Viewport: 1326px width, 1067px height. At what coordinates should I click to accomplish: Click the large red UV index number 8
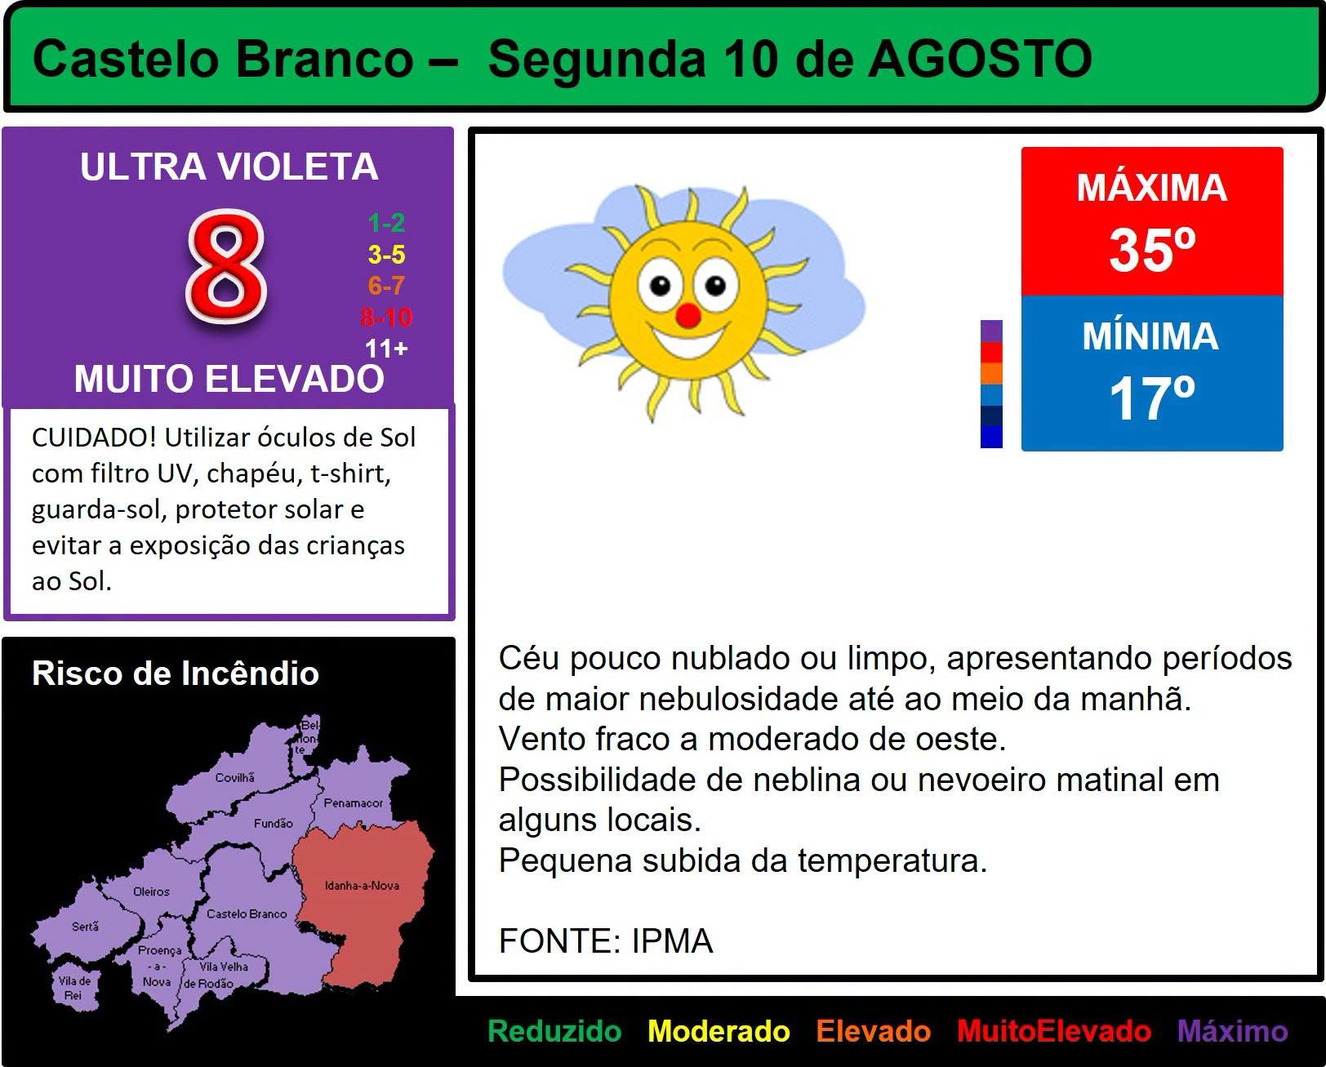227,266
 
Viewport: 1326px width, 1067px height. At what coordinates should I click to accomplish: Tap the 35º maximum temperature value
1152,250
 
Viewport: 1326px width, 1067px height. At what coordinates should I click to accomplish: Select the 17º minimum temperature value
1152,398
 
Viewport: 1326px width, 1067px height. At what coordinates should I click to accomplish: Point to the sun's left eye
660,286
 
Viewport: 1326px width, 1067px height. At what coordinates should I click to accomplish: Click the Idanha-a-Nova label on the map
363,885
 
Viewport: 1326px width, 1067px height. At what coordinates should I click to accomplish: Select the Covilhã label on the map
235,777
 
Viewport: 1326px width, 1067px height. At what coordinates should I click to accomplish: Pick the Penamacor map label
353,802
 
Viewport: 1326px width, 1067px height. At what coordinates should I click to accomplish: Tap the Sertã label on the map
85,926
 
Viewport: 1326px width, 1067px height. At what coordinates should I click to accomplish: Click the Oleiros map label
151,891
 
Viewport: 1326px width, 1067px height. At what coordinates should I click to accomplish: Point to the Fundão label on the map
273,823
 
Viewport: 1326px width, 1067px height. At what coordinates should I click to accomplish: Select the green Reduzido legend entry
554,1031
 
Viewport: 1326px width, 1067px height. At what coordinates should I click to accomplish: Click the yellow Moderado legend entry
719,1031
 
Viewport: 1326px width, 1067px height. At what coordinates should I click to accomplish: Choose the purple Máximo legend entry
1233,1031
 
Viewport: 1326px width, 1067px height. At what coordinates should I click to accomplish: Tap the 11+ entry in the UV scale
386,349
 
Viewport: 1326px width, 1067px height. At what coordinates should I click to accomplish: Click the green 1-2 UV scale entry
386,222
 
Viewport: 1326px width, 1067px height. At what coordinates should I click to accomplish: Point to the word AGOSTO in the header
981,59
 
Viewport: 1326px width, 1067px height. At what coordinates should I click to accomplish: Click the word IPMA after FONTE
672,940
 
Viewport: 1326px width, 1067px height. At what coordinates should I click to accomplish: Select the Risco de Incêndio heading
176,673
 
